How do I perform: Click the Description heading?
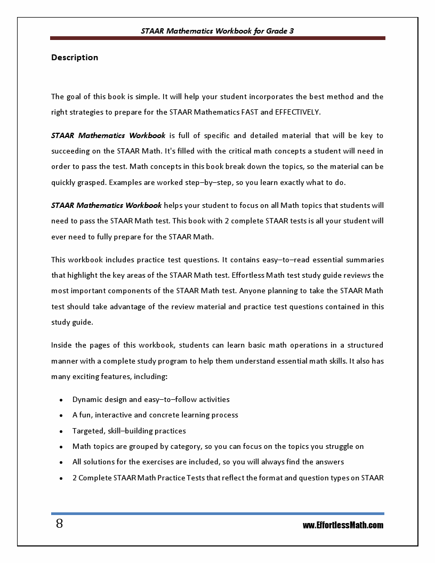75,58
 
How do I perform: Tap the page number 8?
59,524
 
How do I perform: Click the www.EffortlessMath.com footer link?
343,525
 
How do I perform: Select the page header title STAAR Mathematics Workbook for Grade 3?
217,31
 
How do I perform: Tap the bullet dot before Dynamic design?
61,399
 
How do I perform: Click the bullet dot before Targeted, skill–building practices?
61,431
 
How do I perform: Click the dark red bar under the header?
217,38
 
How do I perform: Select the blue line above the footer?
217,513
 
